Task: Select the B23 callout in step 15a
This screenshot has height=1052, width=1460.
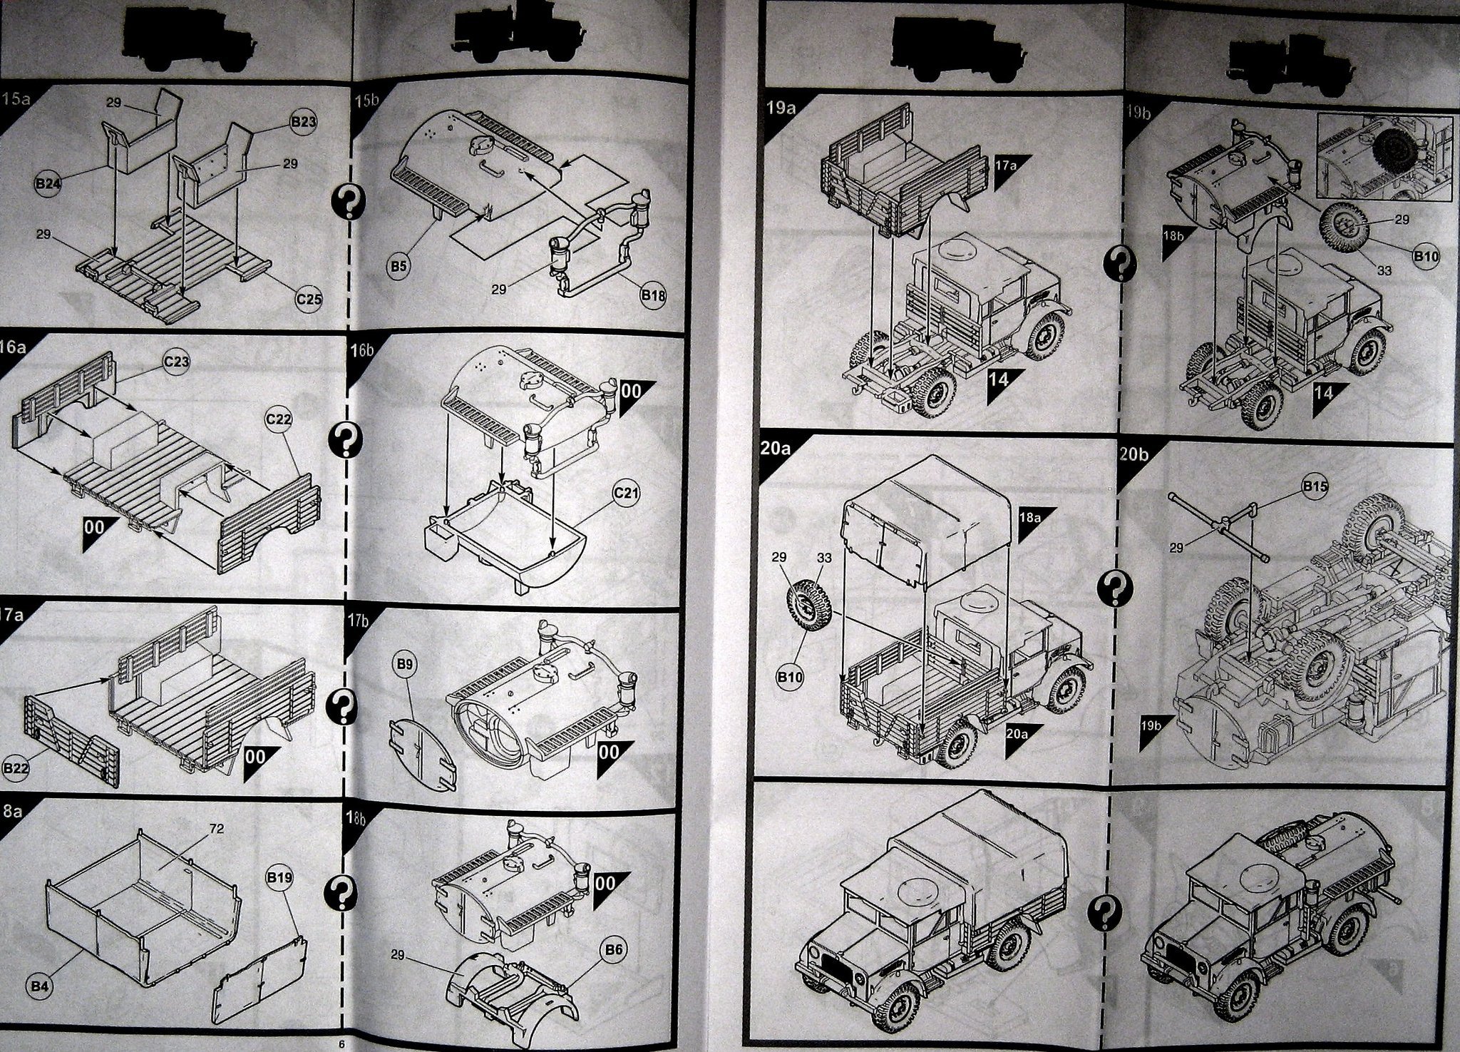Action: (304, 123)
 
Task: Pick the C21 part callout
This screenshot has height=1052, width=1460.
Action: (626, 494)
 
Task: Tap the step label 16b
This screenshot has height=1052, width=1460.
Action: (363, 350)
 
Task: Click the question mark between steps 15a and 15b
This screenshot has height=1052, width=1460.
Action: (349, 203)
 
